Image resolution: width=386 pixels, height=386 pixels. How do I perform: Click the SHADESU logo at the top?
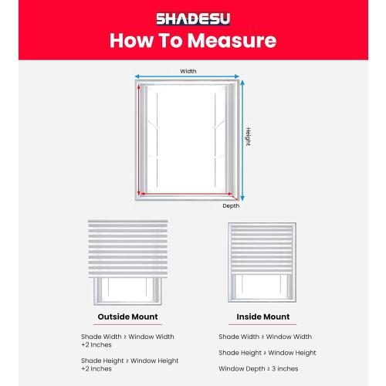[193, 18]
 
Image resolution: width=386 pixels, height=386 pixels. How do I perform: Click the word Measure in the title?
[235, 41]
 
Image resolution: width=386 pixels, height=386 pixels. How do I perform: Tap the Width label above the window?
[188, 71]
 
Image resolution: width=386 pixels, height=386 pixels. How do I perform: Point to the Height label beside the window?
[248, 137]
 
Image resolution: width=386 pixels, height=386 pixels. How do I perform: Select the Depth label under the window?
[231, 205]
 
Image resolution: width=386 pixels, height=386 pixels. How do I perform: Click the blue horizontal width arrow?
[188, 78]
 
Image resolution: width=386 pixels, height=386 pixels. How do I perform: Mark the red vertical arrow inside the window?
[140, 139]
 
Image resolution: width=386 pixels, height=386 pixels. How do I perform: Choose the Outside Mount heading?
[127, 317]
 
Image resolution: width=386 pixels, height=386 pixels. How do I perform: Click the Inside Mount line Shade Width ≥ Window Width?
[265, 337]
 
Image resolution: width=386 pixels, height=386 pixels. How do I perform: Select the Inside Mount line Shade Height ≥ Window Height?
[267, 353]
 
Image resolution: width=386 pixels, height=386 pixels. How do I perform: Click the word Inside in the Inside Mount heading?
[249, 317]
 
